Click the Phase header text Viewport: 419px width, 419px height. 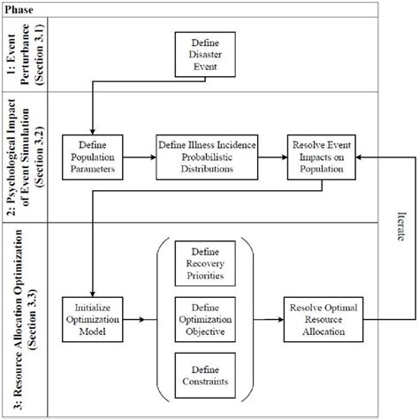22,7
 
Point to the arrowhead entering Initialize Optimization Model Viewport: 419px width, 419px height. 92,294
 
